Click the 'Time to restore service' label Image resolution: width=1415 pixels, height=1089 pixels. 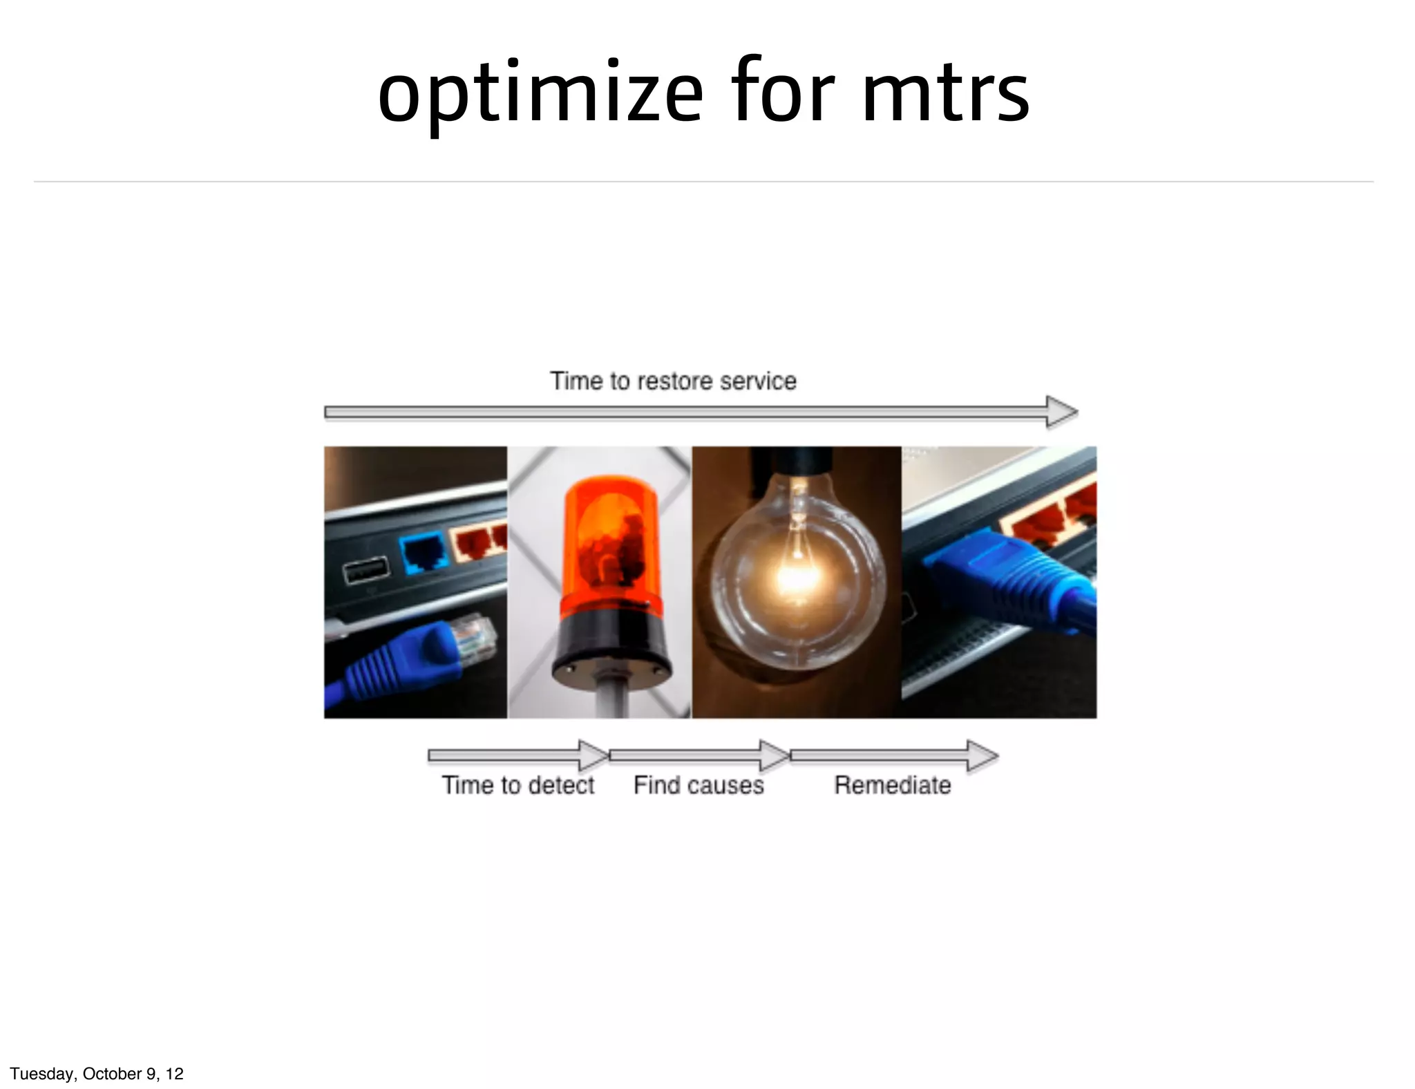pos(673,381)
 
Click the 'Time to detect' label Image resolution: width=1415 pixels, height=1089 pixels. pos(517,785)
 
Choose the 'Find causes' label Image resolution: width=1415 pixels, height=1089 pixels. pos(699,785)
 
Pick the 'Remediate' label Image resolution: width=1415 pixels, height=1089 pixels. pos(892,785)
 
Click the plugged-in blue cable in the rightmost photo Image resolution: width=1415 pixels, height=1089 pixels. pos(1016,580)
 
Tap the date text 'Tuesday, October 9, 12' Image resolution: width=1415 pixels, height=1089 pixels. pos(97,1073)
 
